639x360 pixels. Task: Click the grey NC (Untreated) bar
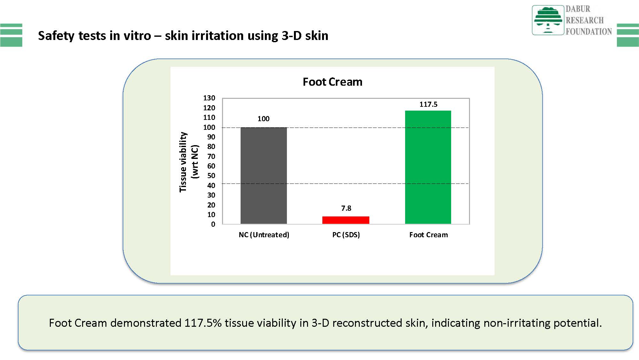click(x=264, y=176)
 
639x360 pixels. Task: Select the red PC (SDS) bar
click(x=346, y=220)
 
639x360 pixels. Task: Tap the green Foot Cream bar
click(x=428, y=167)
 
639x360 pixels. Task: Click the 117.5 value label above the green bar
click(x=428, y=104)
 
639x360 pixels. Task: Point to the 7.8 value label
click(x=346, y=208)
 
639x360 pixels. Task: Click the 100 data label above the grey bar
click(x=264, y=119)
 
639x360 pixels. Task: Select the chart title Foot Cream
click(x=333, y=82)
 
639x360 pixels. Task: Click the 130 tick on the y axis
click(x=209, y=98)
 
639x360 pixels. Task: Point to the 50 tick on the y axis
click(x=211, y=176)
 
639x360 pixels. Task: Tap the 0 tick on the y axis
click(x=213, y=224)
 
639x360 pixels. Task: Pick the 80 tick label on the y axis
click(x=211, y=146)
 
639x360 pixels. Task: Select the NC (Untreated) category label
click(x=264, y=235)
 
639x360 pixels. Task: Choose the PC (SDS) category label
click(x=346, y=235)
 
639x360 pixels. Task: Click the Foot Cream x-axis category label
click(x=428, y=235)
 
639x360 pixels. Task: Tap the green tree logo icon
click(x=548, y=20)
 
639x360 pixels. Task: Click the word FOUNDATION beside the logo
click(x=589, y=31)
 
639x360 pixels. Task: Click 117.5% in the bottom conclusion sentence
click(x=203, y=323)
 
